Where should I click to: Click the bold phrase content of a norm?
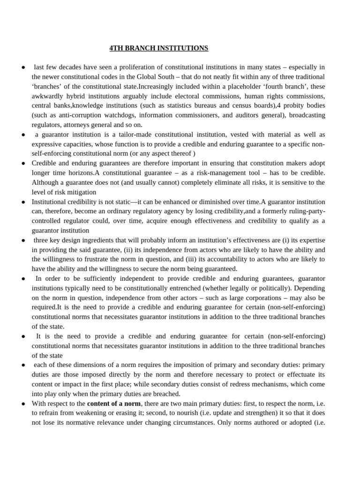click(x=114, y=403)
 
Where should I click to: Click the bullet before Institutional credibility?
click(x=23, y=202)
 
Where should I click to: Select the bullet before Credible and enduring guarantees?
click(x=23, y=164)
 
